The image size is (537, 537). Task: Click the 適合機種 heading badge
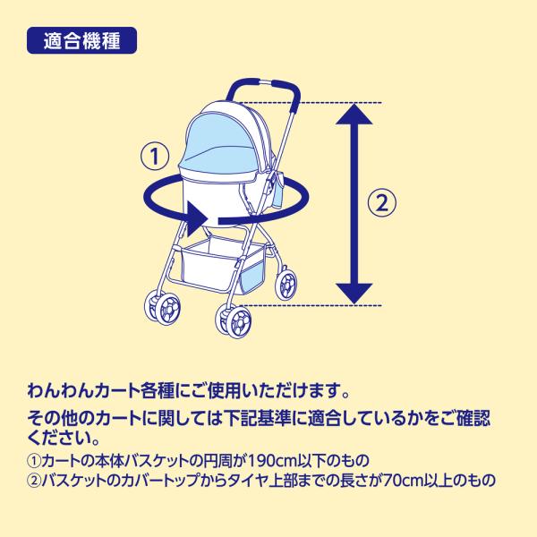(81, 40)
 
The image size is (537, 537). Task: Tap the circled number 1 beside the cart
(155, 156)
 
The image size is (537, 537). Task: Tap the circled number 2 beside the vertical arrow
(382, 202)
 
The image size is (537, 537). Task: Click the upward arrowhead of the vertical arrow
(354, 115)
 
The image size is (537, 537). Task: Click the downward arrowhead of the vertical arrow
(354, 294)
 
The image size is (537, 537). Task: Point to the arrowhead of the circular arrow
(198, 219)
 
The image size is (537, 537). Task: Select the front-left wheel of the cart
(163, 307)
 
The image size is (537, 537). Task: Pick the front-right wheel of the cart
(234, 320)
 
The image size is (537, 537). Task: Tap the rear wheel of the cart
(286, 284)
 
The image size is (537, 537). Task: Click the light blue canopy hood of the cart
(219, 141)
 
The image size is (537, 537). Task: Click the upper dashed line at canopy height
(310, 102)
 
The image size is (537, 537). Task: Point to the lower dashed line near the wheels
(310, 305)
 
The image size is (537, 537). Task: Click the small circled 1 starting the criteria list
(34, 461)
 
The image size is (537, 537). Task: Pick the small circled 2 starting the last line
(34, 480)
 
